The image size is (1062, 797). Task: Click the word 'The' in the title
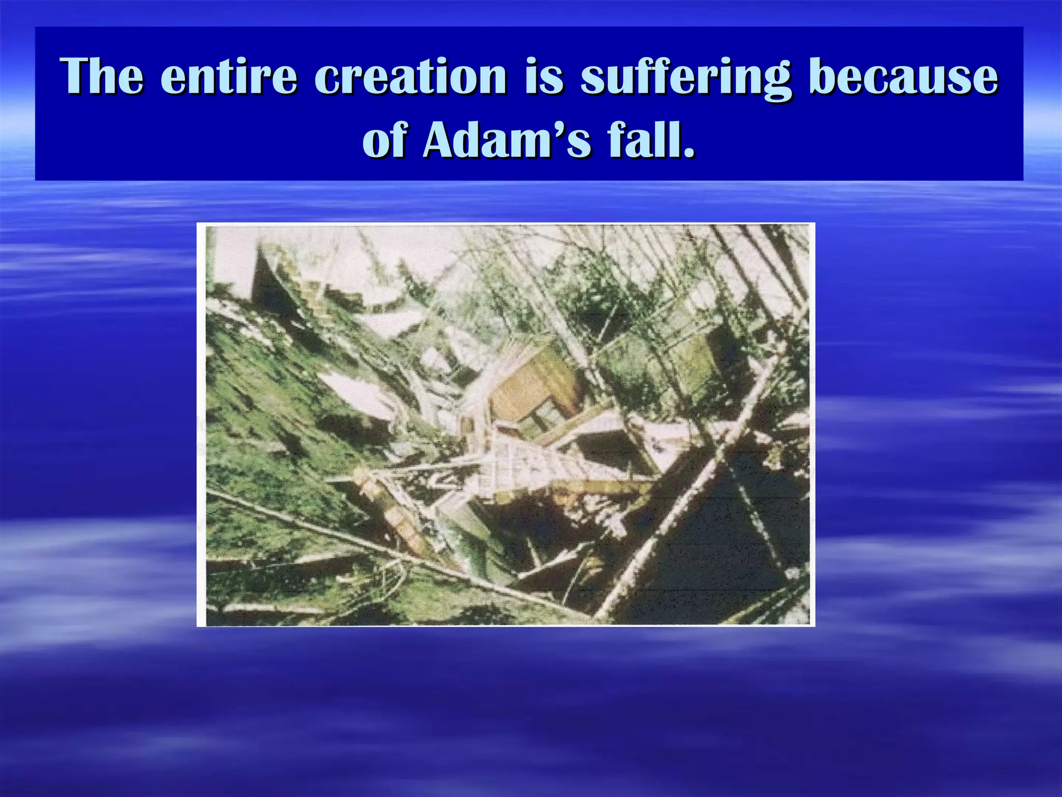pyautogui.click(x=102, y=78)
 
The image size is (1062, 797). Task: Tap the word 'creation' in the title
pyautogui.click(x=410, y=78)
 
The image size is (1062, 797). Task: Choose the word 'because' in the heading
pyautogui.click(x=903, y=78)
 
